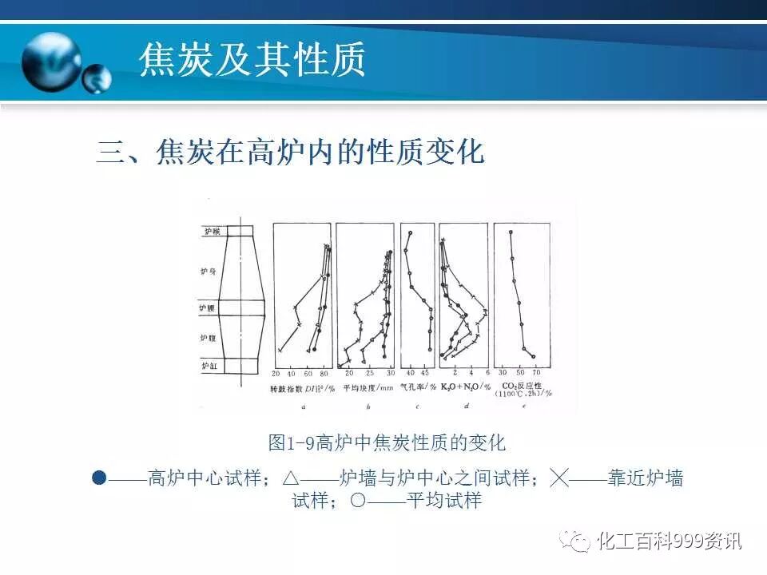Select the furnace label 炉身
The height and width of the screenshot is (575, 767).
pyautogui.click(x=208, y=272)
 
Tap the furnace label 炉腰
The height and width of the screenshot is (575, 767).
pyautogui.click(x=207, y=307)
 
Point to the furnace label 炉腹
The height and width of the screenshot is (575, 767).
pyautogui.click(x=208, y=339)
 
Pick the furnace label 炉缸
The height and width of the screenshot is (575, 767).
pyautogui.click(x=209, y=366)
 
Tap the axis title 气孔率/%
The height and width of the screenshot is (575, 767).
pyautogui.click(x=418, y=387)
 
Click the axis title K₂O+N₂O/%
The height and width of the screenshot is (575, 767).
pyautogui.click(x=463, y=387)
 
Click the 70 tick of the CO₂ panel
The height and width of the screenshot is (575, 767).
pyautogui.click(x=536, y=374)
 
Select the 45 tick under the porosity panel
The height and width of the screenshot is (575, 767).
pyautogui.click(x=425, y=374)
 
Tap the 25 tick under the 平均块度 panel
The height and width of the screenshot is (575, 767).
pyautogui.click(x=369, y=374)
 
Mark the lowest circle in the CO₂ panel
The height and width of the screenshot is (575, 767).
pyautogui.click(x=533, y=357)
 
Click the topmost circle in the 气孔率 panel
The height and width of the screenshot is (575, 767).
pyautogui.click(x=410, y=233)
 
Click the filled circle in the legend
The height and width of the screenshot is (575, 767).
pyautogui.click(x=99, y=478)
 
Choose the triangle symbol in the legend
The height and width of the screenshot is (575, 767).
pyautogui.click(x=290, y=478)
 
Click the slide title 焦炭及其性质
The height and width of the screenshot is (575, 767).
pyautogui.click(x=252, y=60)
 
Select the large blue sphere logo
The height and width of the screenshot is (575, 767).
pyautogui.click(x=52, y=61)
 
